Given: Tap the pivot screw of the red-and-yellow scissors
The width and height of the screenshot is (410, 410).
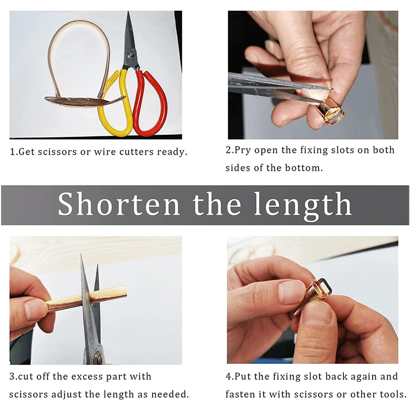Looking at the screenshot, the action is click(131, 54).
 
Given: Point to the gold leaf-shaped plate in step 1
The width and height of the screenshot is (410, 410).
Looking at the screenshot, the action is click(84, 101).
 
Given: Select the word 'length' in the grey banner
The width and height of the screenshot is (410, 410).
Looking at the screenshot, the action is click(303, 206).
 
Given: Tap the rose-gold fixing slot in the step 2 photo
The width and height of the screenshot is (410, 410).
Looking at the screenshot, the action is click(331, 113).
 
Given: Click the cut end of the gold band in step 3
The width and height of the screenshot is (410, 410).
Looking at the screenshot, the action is click(126, 291).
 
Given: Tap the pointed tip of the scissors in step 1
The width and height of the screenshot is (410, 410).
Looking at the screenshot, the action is click(128, 12).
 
